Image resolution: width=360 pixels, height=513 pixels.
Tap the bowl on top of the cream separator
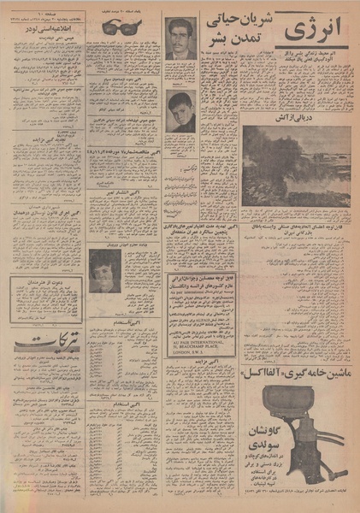click(x=274, y=402)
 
